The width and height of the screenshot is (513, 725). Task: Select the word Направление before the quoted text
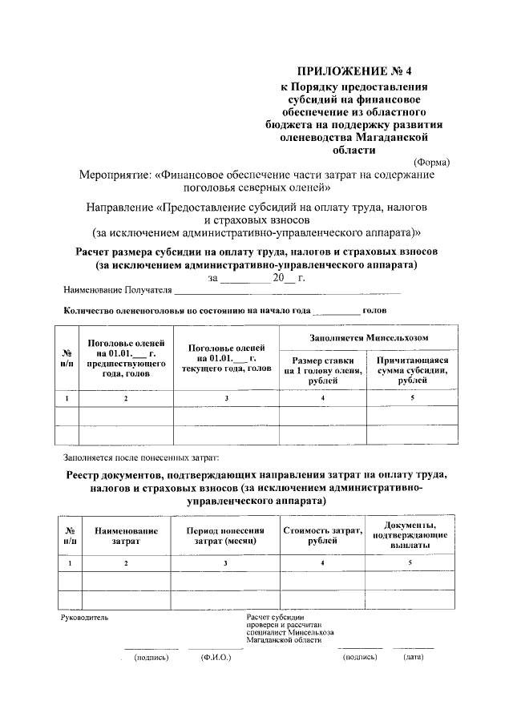click(122, 207)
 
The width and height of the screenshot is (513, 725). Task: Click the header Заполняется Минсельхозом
click(368, 338)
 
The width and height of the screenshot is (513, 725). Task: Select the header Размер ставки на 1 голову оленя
click(322, 371)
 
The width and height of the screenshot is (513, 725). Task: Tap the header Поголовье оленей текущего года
click(227, 358)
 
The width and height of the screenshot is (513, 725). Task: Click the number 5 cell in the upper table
click(413, 398)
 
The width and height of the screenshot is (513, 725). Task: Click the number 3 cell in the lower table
click(227, 564)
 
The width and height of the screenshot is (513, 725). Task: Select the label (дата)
click(414, 658)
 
